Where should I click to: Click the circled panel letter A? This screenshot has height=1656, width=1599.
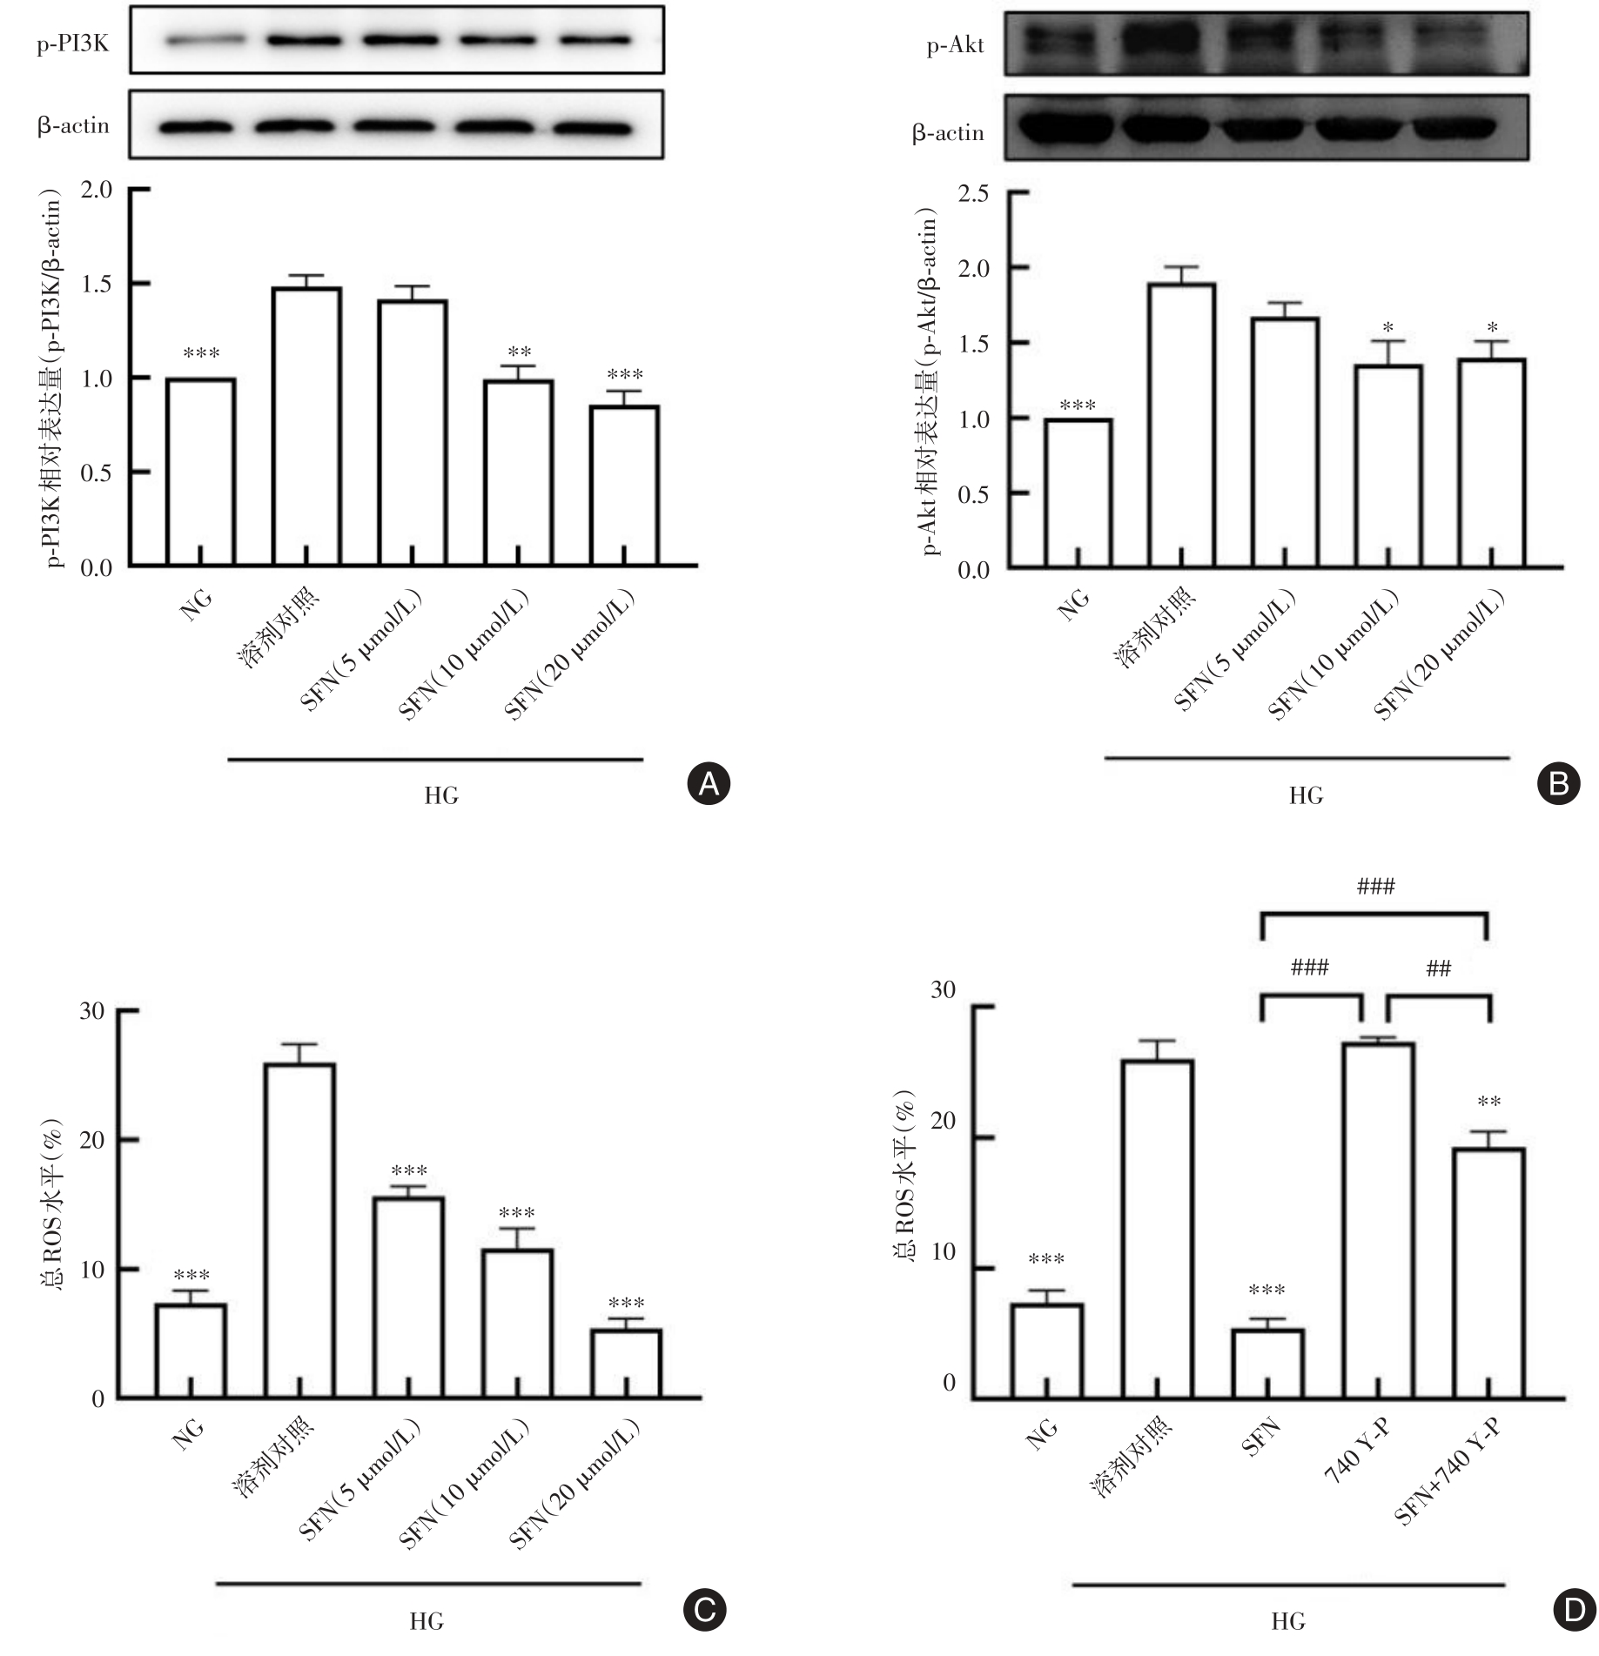pyautogui.click(x=709, y=784)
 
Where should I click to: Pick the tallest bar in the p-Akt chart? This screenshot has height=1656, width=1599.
pyautogui.click(x=1181, y=426)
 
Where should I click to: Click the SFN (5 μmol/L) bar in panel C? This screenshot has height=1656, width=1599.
pyautogui.click(x=408, y=1297)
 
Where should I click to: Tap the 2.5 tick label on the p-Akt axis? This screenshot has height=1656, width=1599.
pyautogui.click(x=973, y=193)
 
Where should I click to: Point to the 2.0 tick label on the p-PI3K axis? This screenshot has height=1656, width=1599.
pyautogui.click(x=96, y=190)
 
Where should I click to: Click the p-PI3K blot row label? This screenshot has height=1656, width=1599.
pyautogui.click(x=73, y=44)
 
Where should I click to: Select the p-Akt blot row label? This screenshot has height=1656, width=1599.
pyautogui.click(x=955, y=46)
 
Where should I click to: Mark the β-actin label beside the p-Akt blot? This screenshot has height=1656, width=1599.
pyautogui.click(x=948, y=133)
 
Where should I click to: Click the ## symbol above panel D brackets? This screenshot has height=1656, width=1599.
pyautogui.click(x=1438, y=969)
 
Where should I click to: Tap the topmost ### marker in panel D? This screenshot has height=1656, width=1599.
pyautogui.click(x=1375, y=887)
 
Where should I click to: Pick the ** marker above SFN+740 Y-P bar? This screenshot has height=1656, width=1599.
pyautogui.click(x=1488, y=1103)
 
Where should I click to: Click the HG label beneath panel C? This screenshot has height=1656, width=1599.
pyautogui.click(x=427, y=1620)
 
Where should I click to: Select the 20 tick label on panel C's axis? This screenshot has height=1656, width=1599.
pyautogui.click(x=91, y=1140)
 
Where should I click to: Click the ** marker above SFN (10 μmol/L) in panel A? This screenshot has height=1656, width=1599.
pyautogui.click(x=519, y=352)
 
